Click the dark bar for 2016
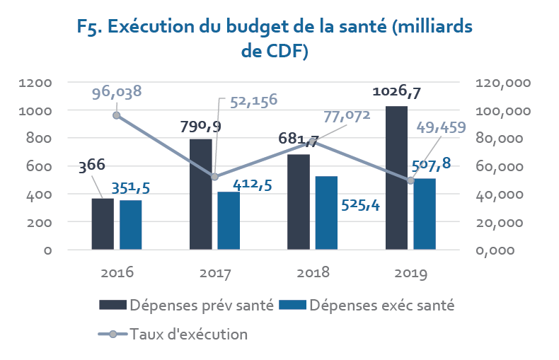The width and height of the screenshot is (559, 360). [x=103, y=224]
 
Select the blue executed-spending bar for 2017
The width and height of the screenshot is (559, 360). [x=228, y=221]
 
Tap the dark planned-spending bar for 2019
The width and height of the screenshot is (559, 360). [x=396, y=178]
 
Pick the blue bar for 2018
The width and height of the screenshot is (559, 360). [x=326, y=213]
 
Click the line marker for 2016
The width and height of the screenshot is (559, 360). [x=116, y=115]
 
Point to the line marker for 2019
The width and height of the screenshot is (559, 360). [x=410, y=180]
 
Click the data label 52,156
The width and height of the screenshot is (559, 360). [x=248, y=100]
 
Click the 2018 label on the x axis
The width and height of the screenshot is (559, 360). [x=313, y=272]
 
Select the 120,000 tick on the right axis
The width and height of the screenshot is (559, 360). [x=505, y=83]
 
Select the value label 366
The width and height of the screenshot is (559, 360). [x=91, y=166]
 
